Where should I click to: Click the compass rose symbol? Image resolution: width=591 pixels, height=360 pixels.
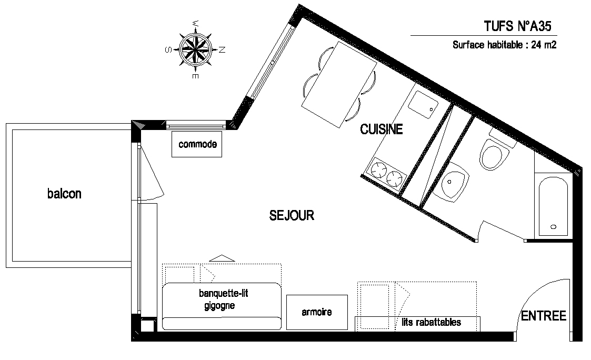click(x=195, y=49)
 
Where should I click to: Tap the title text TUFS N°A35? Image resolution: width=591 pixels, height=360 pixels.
click(x=517, y=26)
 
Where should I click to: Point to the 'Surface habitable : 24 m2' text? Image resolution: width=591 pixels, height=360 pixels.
click(x=504, y=45)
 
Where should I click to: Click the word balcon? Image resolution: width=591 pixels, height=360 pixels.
click(x=64, y=193)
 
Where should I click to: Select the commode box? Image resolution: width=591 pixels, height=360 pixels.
click(x=197, y=144)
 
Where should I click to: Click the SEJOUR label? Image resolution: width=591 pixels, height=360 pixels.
click(x=292, y=215)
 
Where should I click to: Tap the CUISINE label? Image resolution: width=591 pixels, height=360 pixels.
click(x=382, y=129)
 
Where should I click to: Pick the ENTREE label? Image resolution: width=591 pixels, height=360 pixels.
click(x=544, y=316)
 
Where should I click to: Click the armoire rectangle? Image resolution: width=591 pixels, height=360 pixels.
click(x=317, y=312)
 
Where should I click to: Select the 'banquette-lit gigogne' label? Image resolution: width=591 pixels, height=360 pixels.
click(x=223, y=299)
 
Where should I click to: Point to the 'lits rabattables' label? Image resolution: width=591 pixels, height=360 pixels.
click(x=431, y=322)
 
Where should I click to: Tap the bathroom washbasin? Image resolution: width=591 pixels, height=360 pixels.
click(x=451, y=183)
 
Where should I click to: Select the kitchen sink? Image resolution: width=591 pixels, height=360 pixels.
click(x=423, y=104)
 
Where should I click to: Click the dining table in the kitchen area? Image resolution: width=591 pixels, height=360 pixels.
click(x=339, y=85)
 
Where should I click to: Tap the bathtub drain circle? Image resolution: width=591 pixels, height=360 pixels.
click(x=553, y=227)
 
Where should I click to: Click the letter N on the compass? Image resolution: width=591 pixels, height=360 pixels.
click(x=222, y=49)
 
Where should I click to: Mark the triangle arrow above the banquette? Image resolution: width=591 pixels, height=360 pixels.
click(x=222, y=258)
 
